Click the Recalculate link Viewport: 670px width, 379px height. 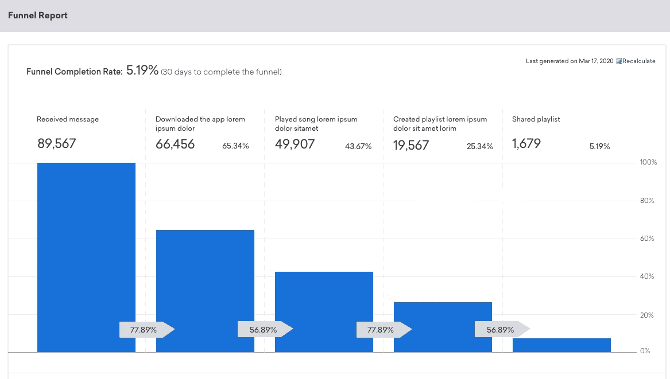tap(638, 61)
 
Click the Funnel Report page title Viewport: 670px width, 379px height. tap(38, 15)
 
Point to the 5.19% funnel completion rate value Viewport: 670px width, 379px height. tap(142, 71)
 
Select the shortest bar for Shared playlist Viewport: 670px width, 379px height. tap(561, 345)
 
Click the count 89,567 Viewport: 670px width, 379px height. tap(56, 144)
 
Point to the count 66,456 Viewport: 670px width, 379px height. tap(175, 144)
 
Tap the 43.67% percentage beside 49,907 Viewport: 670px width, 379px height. tap(358, 146)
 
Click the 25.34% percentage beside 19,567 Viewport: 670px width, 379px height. tap(479, 146)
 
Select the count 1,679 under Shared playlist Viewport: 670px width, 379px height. tap(526, 144)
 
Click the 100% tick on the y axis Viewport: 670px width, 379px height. tap(648, 163)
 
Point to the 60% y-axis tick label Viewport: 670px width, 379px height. tap(647, 239)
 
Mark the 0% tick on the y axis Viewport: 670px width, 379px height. tap(645, 350)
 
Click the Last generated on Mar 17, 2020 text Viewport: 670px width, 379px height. tap(570, 61)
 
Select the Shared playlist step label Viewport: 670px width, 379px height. tap(536, 119)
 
